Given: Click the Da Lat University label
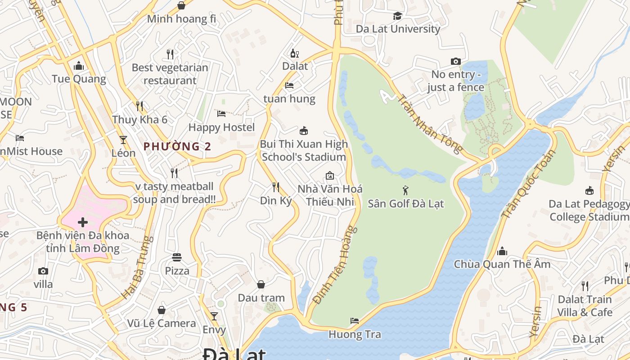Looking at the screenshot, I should tap(398, 29).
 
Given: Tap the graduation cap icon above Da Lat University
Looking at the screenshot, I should tap(397, 16).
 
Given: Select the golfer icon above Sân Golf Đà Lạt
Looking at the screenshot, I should tap(405, 190).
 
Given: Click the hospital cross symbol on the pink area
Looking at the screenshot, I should tap(83, 222).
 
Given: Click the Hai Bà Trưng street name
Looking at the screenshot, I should tap(135, 268).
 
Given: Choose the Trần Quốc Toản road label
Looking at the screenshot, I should tap(529, 184).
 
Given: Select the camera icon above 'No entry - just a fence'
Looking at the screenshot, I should tap(456, 61).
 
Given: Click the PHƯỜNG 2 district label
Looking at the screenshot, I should tap(177, 146).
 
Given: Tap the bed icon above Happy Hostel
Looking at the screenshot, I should tap(221, 114).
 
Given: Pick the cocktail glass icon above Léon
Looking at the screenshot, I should tap(123, 139).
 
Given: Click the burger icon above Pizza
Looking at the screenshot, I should tap(177, 257).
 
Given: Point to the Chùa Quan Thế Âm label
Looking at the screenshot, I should tap(502, 264).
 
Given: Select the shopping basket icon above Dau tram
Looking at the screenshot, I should tap(261, 284).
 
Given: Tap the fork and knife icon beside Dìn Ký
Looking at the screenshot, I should tap(276, 187).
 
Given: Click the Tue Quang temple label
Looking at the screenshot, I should tap(79, 79).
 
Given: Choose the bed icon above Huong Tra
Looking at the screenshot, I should tap(355, 321).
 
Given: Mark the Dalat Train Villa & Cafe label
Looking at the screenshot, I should tap(585, 306).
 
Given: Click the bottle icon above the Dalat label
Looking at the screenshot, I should tap(295, 53).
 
